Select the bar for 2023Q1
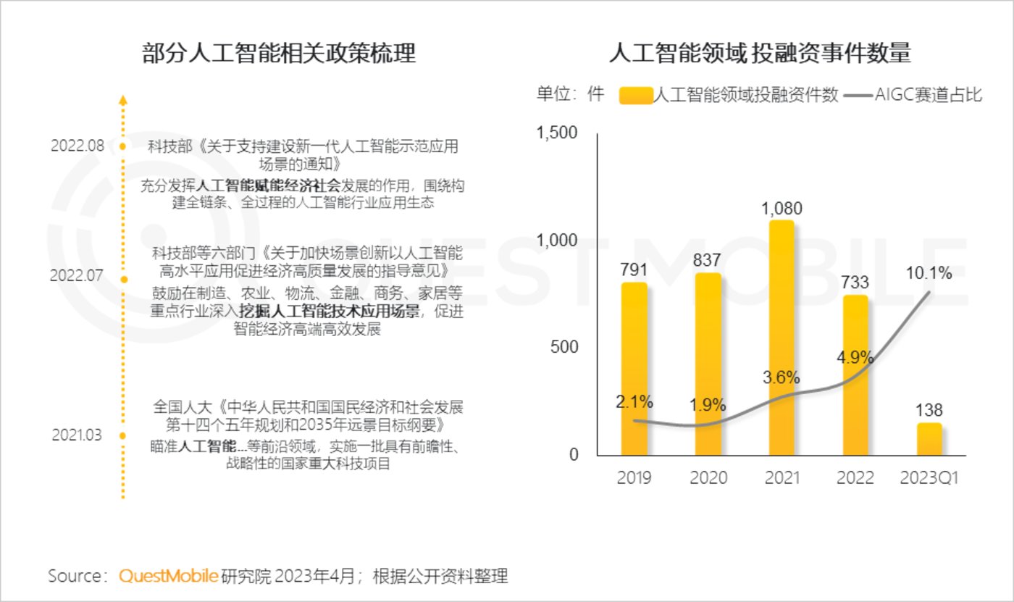tap(929, 440)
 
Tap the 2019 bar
tap(634, 369)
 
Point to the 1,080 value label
tap(782, 209)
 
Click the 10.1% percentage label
tap(928, 272)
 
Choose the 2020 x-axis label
tap(708, 479)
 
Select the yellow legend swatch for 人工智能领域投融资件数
tap(636, 95)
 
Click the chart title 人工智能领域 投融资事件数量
tap(759, 54)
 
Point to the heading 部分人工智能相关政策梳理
tap(279, 54)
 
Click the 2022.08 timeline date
tap(77, 146)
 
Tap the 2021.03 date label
tap(77, 435)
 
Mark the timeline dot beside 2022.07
tap(123, 279)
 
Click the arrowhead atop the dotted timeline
tap(123, 100)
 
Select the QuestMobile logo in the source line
tap(168, 577)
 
